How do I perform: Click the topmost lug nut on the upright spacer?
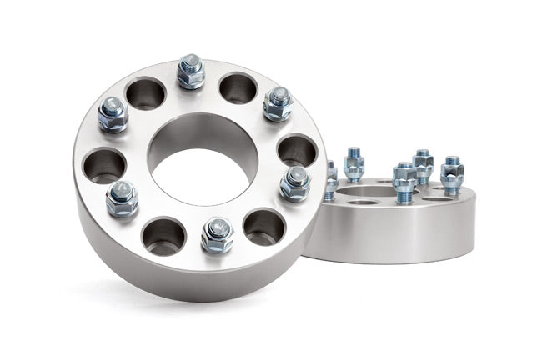point(191,73)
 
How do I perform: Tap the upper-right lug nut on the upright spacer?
point(277,103)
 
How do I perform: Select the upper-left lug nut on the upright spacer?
point(113,113)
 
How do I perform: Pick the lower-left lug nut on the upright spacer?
point(123,197)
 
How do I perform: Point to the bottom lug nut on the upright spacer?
point(217,234)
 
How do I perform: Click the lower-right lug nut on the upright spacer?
point(294,182)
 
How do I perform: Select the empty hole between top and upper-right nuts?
point(238,87)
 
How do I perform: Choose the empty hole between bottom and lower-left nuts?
point(162,236)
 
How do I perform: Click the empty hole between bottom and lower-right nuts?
point(263,226)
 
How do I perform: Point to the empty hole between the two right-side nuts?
point(297,150)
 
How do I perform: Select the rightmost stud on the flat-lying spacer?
point(452,173)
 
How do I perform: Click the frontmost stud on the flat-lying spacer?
point(404,181)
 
